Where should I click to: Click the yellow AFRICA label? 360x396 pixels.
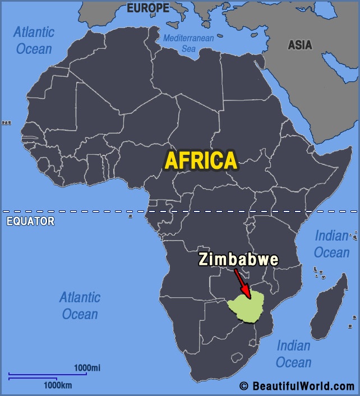(x=201, y=160)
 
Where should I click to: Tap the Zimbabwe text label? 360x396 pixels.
(x=238, y=260)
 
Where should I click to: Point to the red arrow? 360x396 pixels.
(x=242, y=286)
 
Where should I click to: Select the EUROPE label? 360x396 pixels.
(x=147, y=8)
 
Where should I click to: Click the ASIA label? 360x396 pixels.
(x=300, y=45)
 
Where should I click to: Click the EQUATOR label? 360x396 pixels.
(x=30, y=221)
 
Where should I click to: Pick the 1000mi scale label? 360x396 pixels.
(x=87, y=367)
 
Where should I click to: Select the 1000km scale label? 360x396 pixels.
(x=58, y=385)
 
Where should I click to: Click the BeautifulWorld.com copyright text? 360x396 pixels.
(x=297, y=386)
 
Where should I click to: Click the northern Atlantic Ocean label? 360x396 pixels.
(x=34, y=40)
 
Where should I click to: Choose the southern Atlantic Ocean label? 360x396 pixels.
(x=80, y=305)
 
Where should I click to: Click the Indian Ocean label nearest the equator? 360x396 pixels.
(x=331, y=243)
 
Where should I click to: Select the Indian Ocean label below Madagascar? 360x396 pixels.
(x=294, y=354)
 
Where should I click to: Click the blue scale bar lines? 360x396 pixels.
(x=48, y=376)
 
